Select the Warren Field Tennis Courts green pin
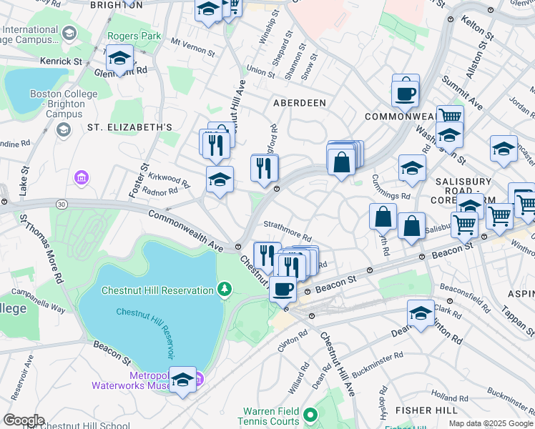tap(310, 415)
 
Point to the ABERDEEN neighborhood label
tap(300, 103)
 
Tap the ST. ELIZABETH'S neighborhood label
tap(129, 127)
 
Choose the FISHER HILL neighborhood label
tap(427, 410)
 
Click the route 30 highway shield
tap(62, 205)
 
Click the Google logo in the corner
tap(23, 420)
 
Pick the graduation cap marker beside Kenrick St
tap(119, 57)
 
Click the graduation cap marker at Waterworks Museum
tap(182, 380)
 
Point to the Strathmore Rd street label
tap(288, 232)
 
